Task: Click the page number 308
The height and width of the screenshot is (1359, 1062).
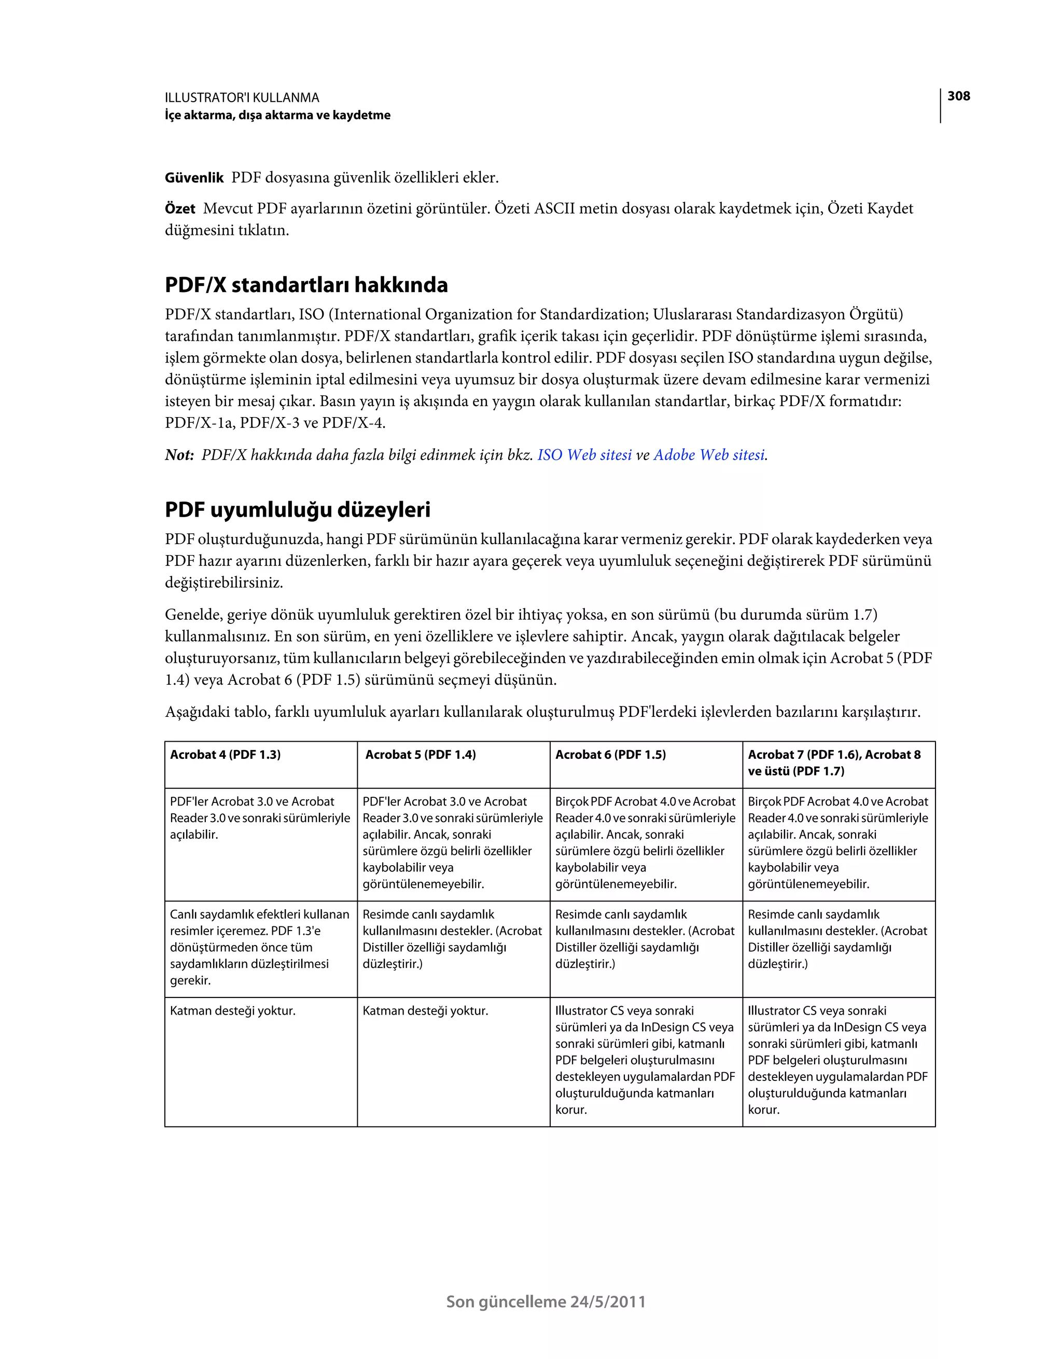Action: tap(958, 96)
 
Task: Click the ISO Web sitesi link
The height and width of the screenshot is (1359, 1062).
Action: tap(584, 455)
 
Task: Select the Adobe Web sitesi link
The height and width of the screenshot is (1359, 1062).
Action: tap(709, 455)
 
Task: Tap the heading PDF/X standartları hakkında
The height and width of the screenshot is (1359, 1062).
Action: tap(306, 285)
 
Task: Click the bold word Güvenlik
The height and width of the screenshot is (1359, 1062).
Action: tap(194, 178)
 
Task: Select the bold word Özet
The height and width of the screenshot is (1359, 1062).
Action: tap(180, 209)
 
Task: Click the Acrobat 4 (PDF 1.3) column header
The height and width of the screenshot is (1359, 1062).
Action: tap(225, 755)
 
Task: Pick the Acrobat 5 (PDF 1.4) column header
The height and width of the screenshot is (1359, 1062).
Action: tap(420, 755)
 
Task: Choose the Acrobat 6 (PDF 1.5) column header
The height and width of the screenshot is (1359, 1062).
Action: tap(610, 755)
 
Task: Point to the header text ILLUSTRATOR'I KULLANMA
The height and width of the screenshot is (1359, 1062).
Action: tap(242, 98)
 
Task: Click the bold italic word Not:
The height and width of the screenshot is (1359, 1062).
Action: tap(180, 455)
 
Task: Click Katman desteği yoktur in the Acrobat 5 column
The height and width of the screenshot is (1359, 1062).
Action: tap(426, 1011)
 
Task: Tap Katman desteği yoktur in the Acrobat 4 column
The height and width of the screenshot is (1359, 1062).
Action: tap(233, 1011)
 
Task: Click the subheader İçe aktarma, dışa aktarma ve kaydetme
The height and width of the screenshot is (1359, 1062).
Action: tap(277, 115)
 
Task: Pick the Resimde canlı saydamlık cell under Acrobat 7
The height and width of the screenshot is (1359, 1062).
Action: tap(837, 939)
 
